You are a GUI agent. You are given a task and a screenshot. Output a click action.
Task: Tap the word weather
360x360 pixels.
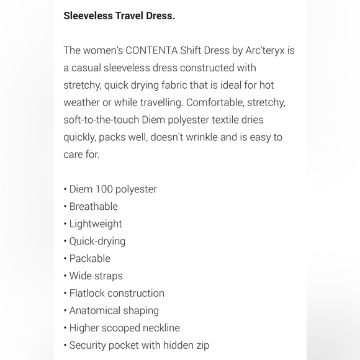[83, 102]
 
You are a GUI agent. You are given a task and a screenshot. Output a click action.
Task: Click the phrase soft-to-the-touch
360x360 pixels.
[104, 120]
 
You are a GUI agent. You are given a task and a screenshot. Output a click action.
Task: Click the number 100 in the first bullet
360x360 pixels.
[104, 189]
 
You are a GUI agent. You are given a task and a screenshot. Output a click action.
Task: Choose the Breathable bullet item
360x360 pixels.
[93, 207]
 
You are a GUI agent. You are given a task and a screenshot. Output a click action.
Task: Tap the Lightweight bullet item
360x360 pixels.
[96, 224]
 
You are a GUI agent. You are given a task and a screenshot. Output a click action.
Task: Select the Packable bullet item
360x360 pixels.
[89, 259]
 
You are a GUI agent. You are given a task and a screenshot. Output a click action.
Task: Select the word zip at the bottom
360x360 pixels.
[201, 346]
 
